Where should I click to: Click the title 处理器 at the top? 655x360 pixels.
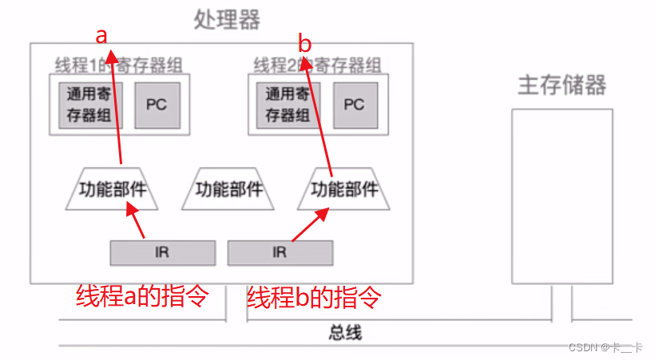click(227, 19)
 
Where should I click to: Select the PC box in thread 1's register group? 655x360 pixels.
click(156, 105)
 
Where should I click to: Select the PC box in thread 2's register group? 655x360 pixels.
click(354, 105)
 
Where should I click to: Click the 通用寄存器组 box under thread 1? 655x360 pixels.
click(91, 105)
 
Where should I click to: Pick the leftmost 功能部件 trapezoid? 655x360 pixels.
click(112, 190)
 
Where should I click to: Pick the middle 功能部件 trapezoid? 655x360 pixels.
click(229, 190)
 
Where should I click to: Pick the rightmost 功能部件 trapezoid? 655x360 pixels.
click(343, 190)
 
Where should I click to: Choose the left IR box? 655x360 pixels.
click(162, 253)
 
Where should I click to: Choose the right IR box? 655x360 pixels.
click(280, 253)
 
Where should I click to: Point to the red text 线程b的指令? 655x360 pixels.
click(313, 297)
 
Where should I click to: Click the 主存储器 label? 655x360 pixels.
click(562, 85)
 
